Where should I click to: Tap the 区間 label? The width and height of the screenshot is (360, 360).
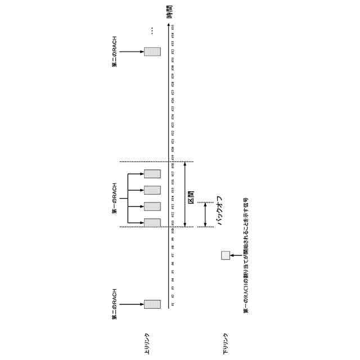(x=191, y=196)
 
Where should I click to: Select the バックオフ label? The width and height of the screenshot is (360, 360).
(x=220, y=210)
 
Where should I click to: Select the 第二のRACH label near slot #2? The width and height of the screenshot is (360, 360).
(x=114, y=304)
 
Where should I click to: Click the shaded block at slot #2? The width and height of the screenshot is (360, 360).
(x=152, y=304)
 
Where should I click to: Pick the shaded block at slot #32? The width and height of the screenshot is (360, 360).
(x=152, y=52)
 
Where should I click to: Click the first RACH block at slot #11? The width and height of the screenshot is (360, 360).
(x=152, y=222)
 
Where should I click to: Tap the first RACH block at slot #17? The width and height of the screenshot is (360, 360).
(x=152, y=174)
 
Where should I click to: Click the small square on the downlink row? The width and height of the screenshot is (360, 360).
(x=225, y=255)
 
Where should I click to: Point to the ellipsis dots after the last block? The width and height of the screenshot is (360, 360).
(x=152, y=30)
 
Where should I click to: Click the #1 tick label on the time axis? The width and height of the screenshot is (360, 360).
(x=173, y=304)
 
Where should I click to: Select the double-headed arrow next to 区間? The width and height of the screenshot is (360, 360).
(x=185, y=195)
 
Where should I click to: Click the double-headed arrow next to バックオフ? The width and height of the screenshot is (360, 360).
(x=205, y=214)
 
